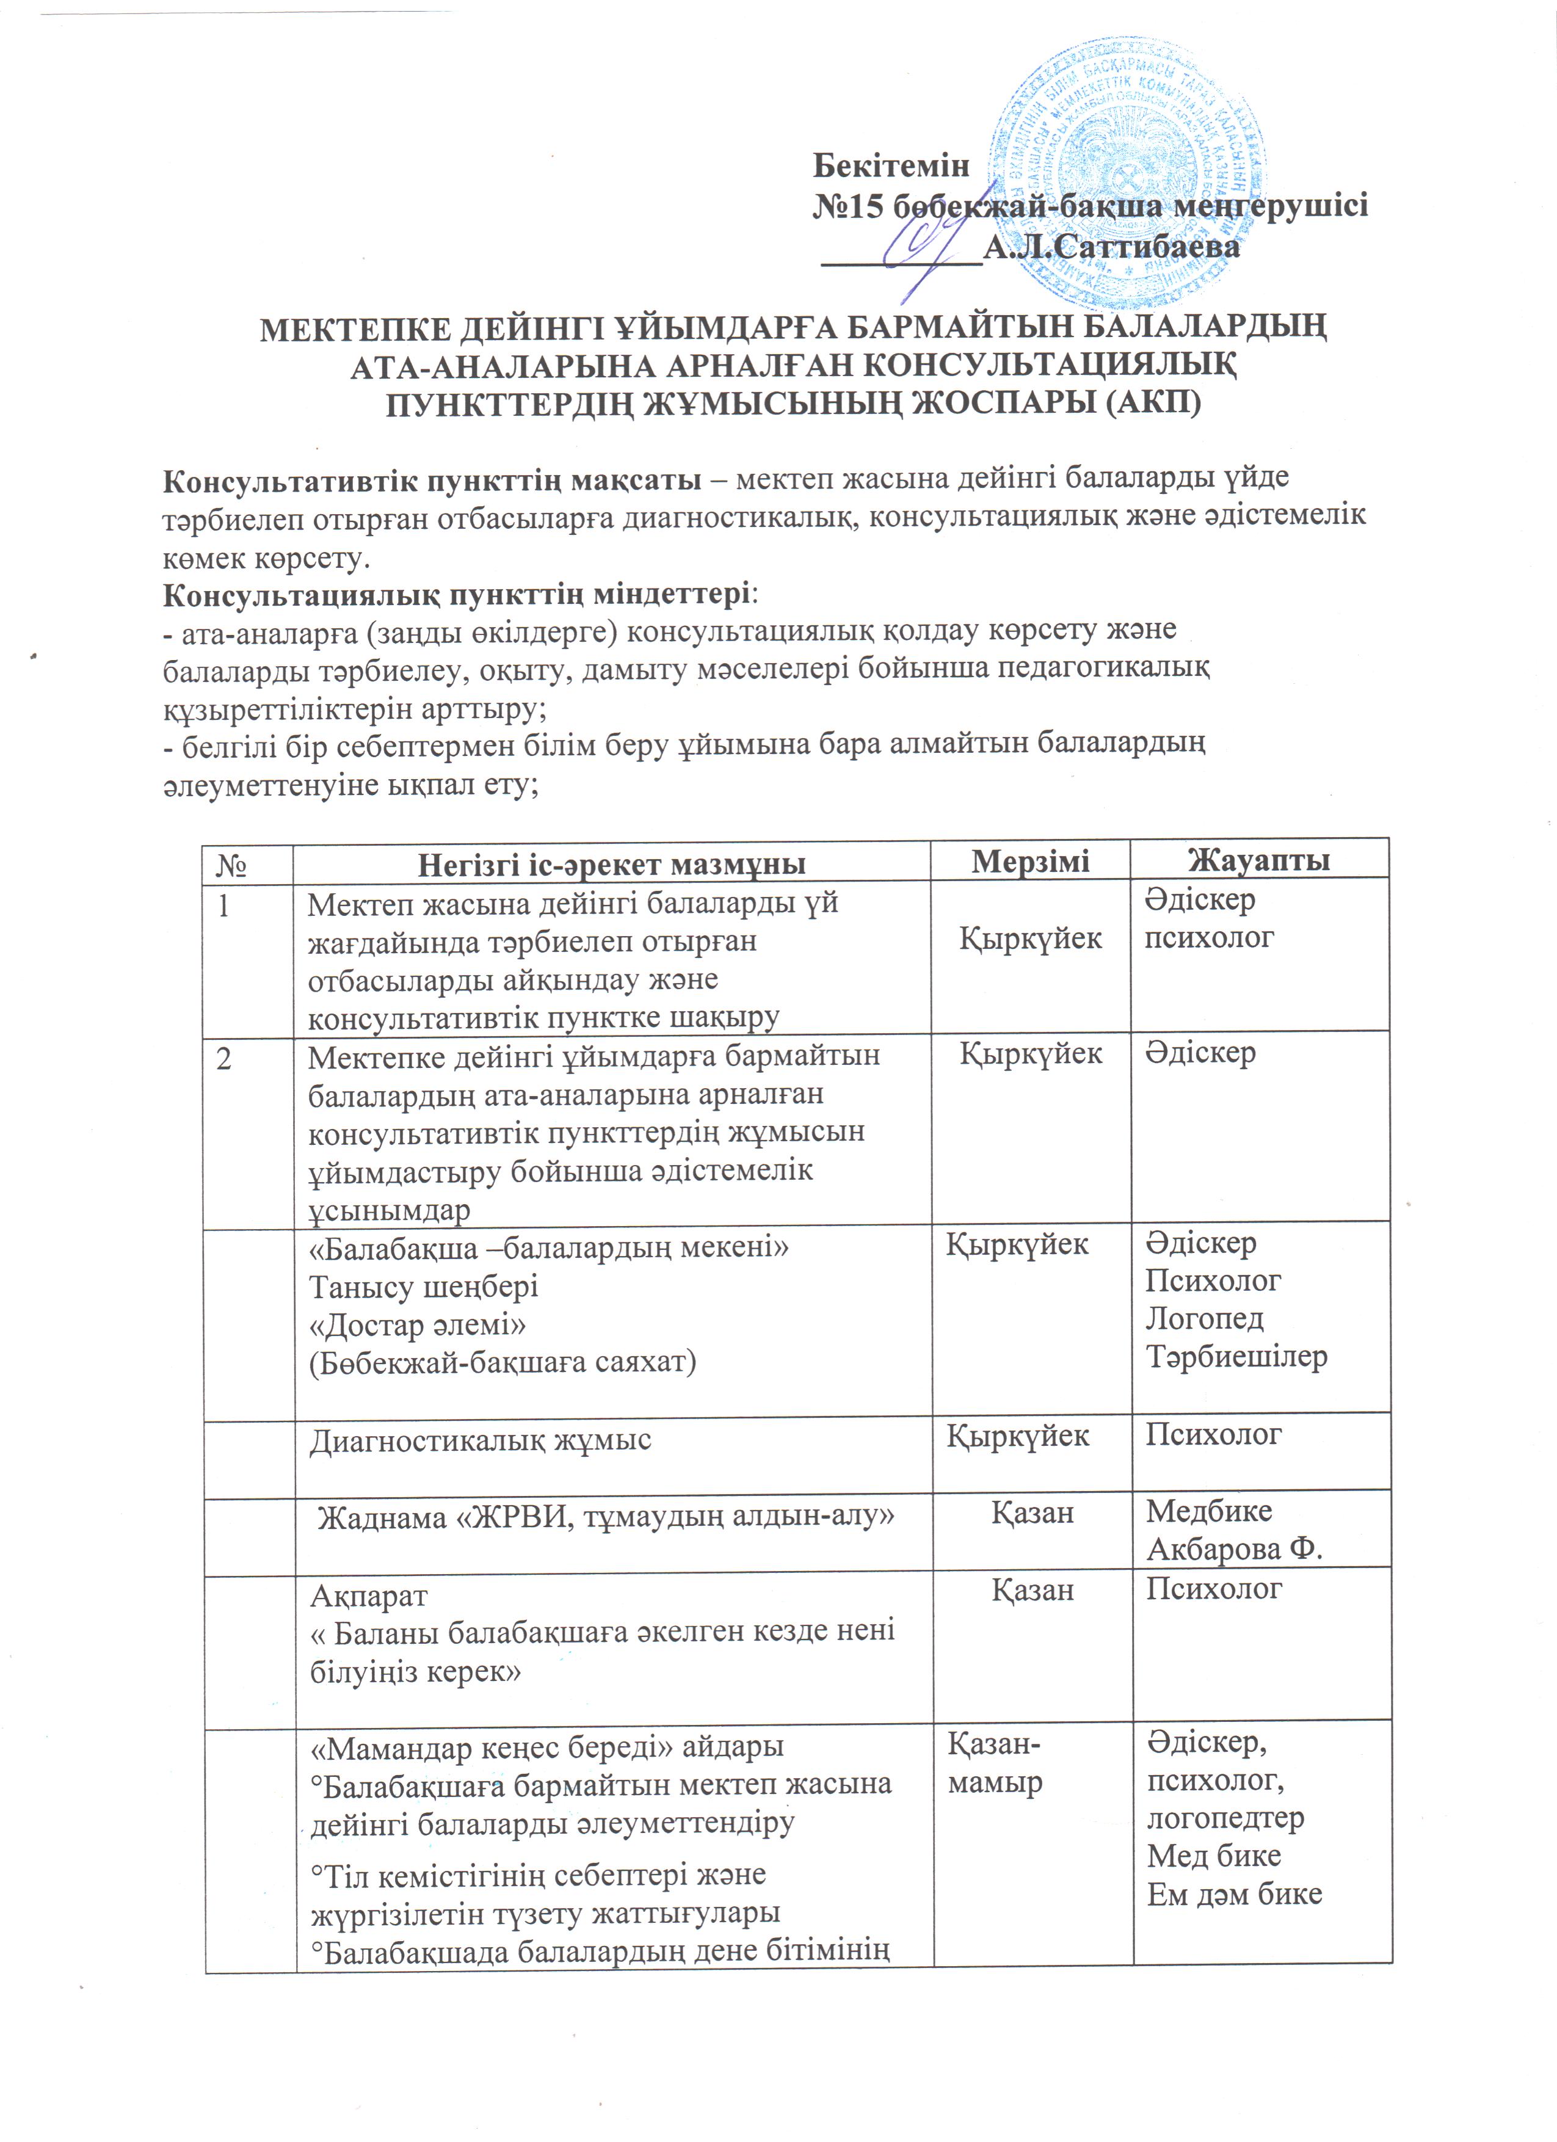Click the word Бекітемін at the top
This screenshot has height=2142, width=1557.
[891, 166]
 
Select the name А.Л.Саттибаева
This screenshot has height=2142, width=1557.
[1111, 247]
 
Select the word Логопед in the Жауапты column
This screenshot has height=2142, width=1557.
[1204, 1318]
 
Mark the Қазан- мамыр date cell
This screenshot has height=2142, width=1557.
[995, 1763]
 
